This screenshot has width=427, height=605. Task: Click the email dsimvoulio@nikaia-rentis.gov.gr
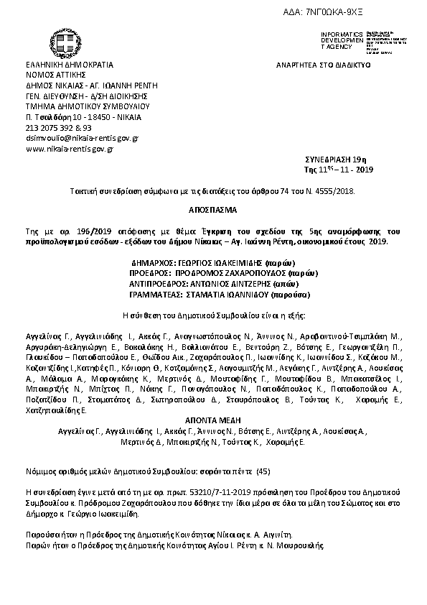(82, 137)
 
